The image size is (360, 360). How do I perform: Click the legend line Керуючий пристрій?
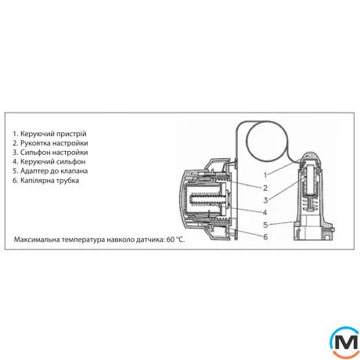tap(49, 134)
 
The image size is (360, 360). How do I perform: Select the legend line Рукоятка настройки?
tap(50, 143)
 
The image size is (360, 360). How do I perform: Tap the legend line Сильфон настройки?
tap(50, 153)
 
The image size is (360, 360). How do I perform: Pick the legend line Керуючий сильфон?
tap(49, 162)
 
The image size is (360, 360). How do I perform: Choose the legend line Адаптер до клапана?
tap(50, 171)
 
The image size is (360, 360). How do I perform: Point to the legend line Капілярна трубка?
tap(46, 181)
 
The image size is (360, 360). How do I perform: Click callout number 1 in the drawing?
tap(265, 175)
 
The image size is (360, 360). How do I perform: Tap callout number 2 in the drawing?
tap(265, 188)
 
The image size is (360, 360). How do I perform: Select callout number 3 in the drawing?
tap(265, 200)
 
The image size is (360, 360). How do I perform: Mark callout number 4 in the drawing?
tap(265, 212)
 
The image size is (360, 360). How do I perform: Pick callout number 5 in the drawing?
tap(265, 225)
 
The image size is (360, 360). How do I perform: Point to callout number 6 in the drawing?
tap(265, 237)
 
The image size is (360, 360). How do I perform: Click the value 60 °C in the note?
tap(175, 239)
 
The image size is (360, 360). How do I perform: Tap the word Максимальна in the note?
tap(37, 239)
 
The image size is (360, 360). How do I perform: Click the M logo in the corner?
tap(345, 341)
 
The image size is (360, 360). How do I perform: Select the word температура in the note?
tap(83, 239)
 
